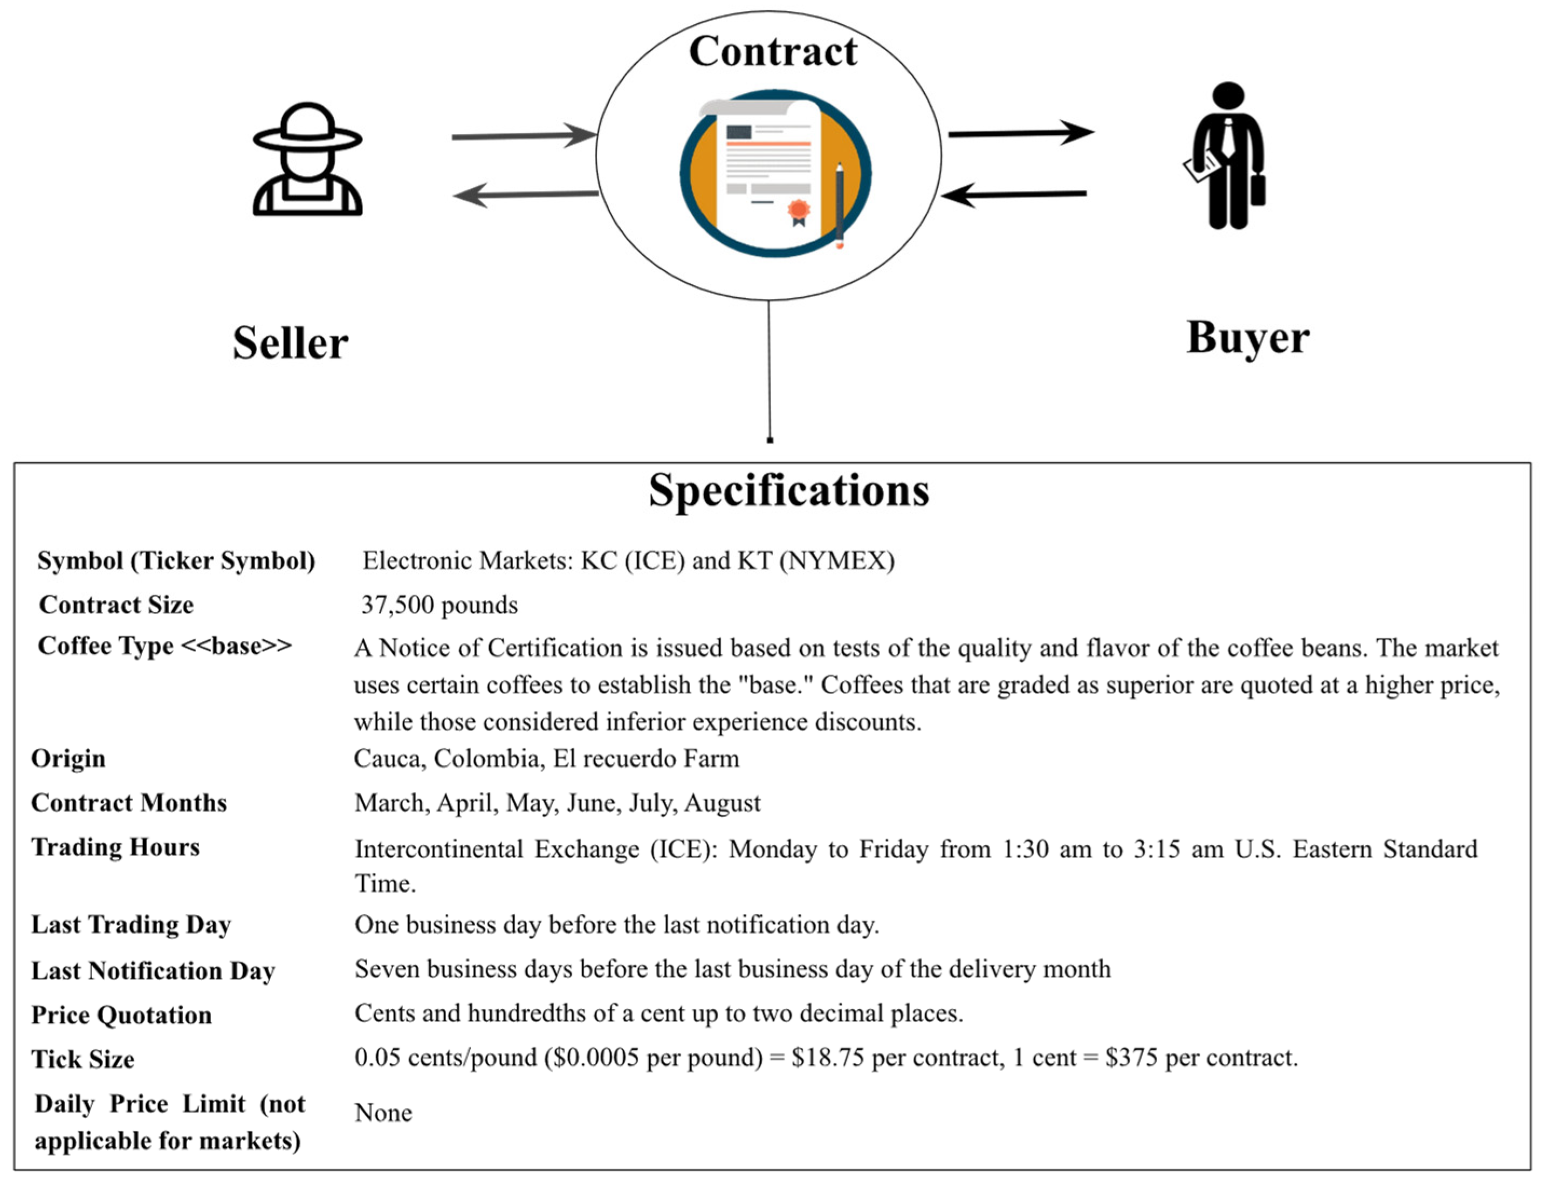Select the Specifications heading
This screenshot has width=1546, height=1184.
click(788, 490)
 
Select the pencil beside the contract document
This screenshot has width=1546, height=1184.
click(839, 205)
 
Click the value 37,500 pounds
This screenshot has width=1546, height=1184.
click(439, 605)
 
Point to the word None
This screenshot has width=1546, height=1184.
click(383, 1113)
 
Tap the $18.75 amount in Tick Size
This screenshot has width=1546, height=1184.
click(827, 1058)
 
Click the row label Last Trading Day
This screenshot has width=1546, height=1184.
click(131, 925)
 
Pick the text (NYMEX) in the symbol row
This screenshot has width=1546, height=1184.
click(837, 561)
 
